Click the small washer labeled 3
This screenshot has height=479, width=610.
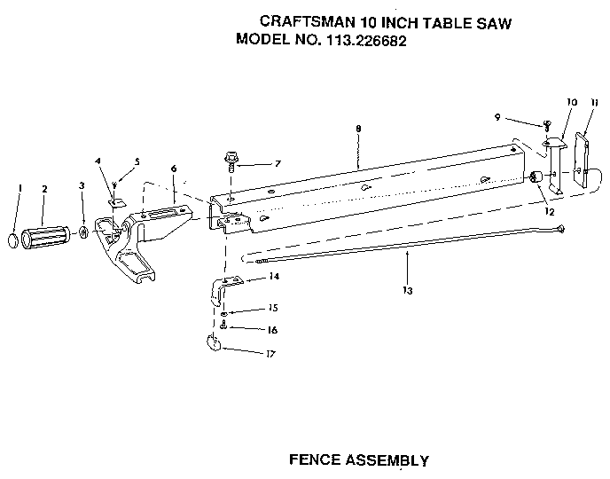coord(83,232)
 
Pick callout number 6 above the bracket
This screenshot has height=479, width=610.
coord(174,168)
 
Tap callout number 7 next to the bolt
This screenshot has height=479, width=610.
coord(278,164)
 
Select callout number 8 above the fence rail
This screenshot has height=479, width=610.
coord(357,130)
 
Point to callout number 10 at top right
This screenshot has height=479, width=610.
coord(572,103)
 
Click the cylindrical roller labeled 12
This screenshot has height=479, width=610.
coord(536,178)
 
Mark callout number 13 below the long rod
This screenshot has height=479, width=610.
coord(406,290)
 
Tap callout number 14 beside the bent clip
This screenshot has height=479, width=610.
coord(274,278)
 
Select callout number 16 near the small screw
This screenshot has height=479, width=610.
coord(272,330)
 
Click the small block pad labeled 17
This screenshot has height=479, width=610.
coord(213,344)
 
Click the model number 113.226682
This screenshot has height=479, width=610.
coord(364,40)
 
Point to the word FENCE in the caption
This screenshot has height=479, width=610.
coord(315,460)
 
